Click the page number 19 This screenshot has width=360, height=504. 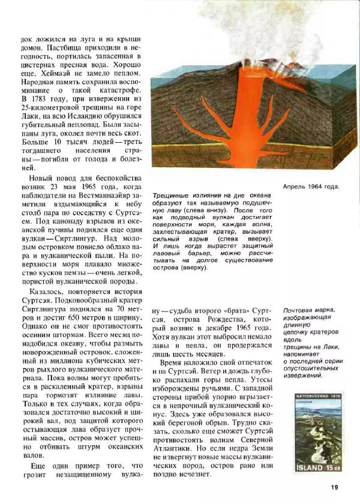click(334, 487)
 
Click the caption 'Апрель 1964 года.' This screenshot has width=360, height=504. click(311, 186)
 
